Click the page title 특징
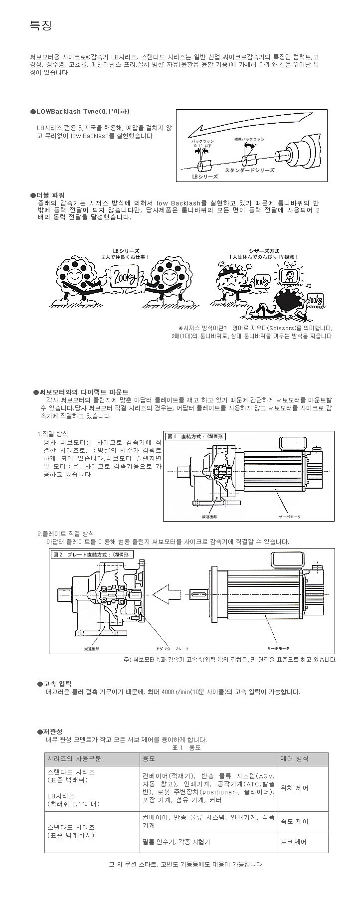click(41, 25)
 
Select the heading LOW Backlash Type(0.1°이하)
click(83, 111)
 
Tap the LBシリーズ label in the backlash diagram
click(205, 177)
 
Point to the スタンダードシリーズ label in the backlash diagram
click(249, 170)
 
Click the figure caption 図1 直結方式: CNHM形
click(195, 437)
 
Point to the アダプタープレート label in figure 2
click(172, 648)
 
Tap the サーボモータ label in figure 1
click(290, 517)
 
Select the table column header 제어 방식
click(295, 758)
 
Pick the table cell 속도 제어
click(295, 821)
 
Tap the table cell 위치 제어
click(295, 788)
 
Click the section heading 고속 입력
click(57, 684)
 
